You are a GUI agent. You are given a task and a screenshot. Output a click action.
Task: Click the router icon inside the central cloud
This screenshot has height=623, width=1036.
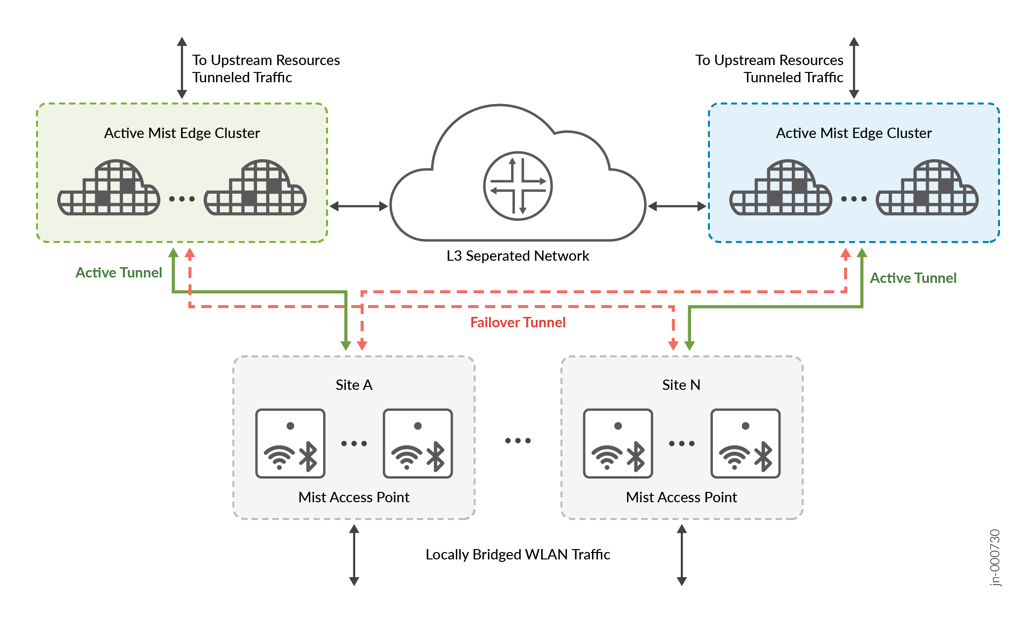[518, 186]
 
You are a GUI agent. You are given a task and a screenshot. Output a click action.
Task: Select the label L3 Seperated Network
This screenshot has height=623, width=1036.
[518, 256]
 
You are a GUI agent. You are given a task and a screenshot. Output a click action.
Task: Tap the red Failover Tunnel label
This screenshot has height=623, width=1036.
[518, 322]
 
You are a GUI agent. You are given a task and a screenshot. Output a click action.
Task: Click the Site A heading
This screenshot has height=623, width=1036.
[354, 385]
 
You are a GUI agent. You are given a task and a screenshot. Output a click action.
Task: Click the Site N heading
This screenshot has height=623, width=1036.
[681, 385]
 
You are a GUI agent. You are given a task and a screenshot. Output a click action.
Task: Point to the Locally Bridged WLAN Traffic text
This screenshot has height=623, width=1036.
[518, 554]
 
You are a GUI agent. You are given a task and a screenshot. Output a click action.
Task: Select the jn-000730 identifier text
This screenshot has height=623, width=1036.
[995, 557]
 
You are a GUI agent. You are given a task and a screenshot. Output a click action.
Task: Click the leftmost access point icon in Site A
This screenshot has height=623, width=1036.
[290, 443]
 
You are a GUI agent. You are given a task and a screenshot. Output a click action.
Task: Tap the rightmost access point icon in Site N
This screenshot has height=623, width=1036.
[745, 443]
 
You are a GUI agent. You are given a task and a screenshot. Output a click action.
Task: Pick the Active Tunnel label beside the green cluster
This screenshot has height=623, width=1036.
[118, 273]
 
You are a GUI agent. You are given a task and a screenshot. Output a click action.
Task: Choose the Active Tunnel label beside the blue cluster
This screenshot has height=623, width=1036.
[913, 278]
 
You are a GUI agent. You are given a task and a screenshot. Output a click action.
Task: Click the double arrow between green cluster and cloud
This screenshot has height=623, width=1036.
[359, 206]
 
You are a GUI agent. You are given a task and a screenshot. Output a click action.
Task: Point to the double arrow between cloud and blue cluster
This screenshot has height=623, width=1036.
[677, 206]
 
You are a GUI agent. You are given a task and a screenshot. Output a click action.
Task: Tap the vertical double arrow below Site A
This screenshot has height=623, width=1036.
[354, 555]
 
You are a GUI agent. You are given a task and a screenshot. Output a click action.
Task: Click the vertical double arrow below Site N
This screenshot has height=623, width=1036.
[681, 555]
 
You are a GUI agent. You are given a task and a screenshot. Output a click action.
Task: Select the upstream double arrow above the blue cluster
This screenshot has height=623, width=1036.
[854, 68]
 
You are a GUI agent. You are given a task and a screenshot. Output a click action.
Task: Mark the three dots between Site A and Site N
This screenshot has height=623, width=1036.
[518, 441]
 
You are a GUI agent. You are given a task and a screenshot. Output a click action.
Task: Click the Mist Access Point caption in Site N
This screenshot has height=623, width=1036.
[681, 497]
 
